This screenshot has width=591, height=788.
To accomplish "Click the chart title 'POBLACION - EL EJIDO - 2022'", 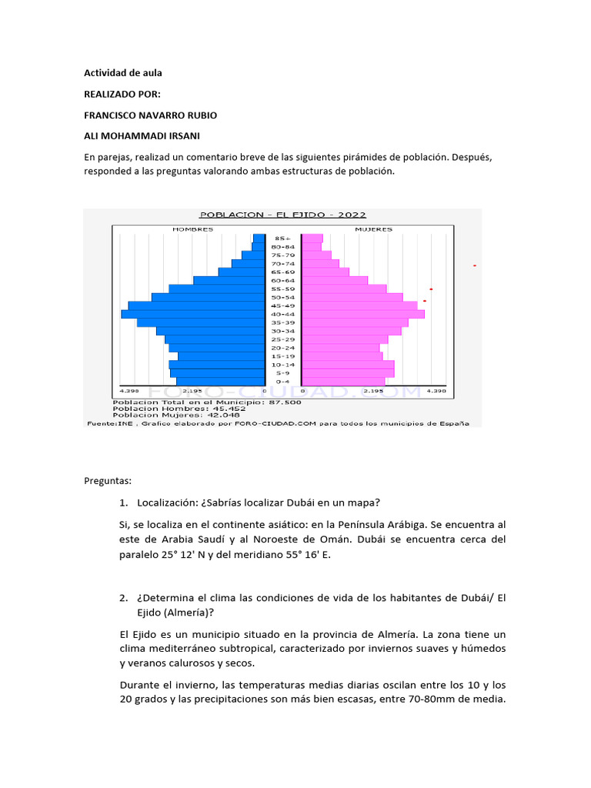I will [282, 215].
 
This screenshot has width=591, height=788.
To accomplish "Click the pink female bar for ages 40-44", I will [362, 314].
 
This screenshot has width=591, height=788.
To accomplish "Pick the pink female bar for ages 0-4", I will [343, 381].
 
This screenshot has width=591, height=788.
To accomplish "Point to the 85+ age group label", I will [282, 239].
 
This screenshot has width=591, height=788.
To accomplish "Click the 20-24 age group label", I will [282, 348].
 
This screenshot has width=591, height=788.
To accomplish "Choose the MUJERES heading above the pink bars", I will [373, 229].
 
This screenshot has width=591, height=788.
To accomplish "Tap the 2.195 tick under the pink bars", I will [372, 391].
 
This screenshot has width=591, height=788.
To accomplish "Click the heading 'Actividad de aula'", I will [122, 73].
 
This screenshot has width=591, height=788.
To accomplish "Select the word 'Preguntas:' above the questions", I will [108, 481].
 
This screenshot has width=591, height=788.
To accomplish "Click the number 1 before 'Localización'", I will [123, 503].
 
